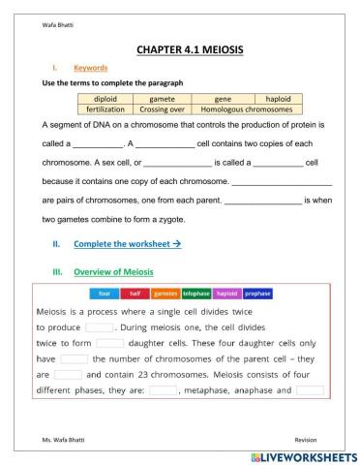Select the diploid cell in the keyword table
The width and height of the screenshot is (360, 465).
[x=105, y=99]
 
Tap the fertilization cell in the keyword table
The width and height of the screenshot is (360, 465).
[x=105, y=109]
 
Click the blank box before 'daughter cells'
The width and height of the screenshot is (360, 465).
[x=109, y=343]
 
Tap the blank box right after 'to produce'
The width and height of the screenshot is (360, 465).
[x=100, y=327]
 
